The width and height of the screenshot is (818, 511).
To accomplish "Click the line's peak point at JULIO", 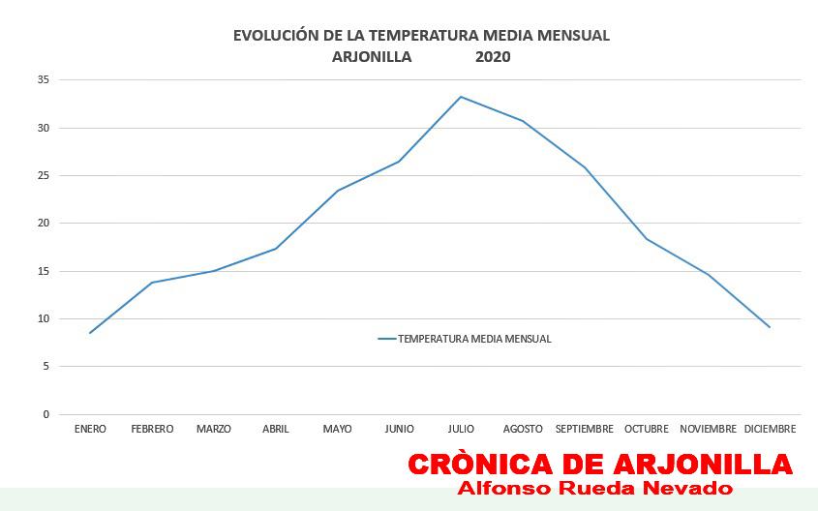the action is pyautogui.click(x=461, y=97).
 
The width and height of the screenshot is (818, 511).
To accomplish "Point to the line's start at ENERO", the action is pyautogui.click(x=90, y=333).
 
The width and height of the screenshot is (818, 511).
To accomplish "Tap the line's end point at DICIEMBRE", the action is pyautogui.click(x=770, y=327).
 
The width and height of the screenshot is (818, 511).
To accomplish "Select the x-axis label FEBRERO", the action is pyautogui.click(x=152, y=429).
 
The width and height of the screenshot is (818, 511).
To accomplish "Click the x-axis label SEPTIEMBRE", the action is pyautogui.click(x=585, y=429).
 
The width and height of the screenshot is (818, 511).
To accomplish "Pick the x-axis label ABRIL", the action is pyautogui.click(x=276, y=429).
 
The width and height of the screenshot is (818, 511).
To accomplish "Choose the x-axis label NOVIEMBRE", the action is pyautogui.click(x=708, y=429).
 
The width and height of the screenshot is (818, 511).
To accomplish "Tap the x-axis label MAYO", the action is pyautogui.click(x=337, y=429).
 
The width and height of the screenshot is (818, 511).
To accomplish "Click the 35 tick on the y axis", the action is pyautogui.click(x=43, y=79).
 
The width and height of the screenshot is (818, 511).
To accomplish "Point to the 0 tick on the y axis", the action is pyautogui.click(x=45, y=414).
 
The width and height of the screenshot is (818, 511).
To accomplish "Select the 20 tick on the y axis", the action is pyautogui.click(x=43, y=224).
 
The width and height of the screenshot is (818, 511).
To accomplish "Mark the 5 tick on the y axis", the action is pyautogui.click(x=45, y=367).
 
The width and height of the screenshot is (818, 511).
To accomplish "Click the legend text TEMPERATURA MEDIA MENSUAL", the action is pyautogui.click(x=474, y=339).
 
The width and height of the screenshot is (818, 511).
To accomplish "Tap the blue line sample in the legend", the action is pyautogui.click(x=387, y=339).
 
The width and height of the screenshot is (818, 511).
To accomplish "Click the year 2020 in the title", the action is pyautogui.click(x=493, y=57).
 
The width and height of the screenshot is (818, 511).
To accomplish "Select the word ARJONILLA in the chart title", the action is pyautogui.click(x=372, y=57).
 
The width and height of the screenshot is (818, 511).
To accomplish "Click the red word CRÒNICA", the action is pyautogui.click(x=480, y=465).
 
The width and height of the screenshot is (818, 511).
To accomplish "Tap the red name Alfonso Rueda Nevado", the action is pyautogui.click(x=595, y=488).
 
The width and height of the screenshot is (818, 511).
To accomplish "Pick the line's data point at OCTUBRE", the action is pyautogui.click(x=646, y=238).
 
